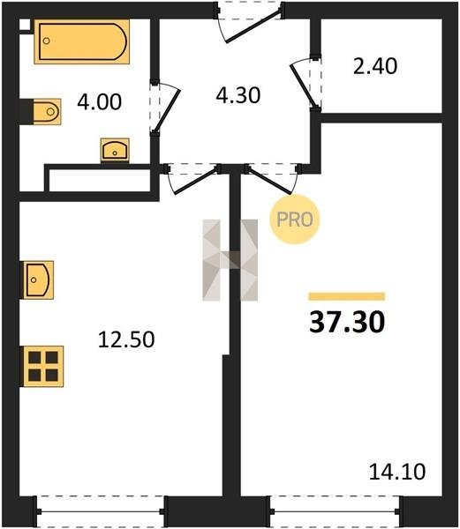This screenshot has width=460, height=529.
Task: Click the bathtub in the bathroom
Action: [x=82, y=41]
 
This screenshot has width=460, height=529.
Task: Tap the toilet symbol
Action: [x=47, y=112]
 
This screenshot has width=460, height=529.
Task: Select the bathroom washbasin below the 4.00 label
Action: [x=115, y=150]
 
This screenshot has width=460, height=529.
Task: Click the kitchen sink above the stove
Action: [x=38, y=280]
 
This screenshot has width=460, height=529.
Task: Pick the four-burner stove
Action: [x=43, y=367]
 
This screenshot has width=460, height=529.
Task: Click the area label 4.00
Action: [x=99, y=102]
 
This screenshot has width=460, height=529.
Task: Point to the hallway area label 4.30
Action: [x=238, y=95]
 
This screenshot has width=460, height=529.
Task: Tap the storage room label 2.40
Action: [x=375, y=66]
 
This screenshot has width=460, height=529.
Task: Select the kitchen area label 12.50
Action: [x=126, y=339]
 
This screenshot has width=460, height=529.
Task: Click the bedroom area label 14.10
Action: [x=397, y=472]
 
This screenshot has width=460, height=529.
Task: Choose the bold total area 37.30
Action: [x=347, y=322]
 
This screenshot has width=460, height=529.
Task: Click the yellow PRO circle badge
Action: [x=295, y=220]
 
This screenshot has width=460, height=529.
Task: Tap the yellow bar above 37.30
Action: [x=347, y=296]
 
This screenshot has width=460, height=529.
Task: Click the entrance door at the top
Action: [x=249, y=22]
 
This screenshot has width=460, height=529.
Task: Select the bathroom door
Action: [x=164, y=107]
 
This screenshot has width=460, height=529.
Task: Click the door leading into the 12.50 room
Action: [x=192, y=179]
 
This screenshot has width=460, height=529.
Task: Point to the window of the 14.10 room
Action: [x=335, y=511]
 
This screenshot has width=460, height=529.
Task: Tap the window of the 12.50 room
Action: [x=101, y=511]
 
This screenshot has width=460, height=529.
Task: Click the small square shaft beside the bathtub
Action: [x=25, y=26]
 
